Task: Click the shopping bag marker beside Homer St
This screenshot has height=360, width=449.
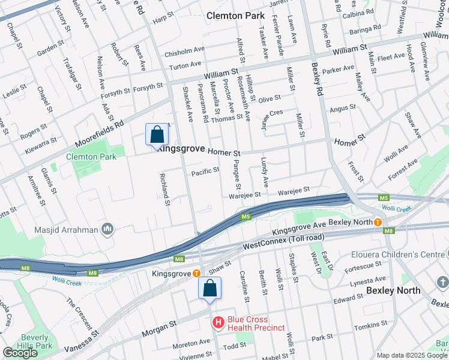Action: coord(156,134)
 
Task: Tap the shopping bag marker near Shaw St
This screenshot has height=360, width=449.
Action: coord(210,287)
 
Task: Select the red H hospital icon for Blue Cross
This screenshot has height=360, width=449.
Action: coord(218,323)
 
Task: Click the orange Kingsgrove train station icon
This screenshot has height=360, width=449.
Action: coord(196,273)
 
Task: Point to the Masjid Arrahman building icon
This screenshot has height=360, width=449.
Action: coord(107,228)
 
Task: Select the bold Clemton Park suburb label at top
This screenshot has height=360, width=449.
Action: coord(235,16)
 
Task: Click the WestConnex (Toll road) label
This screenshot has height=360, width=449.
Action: coord(283,242)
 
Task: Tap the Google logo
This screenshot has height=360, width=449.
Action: coord(20,353)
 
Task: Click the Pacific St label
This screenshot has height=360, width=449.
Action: coord(205,172)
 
